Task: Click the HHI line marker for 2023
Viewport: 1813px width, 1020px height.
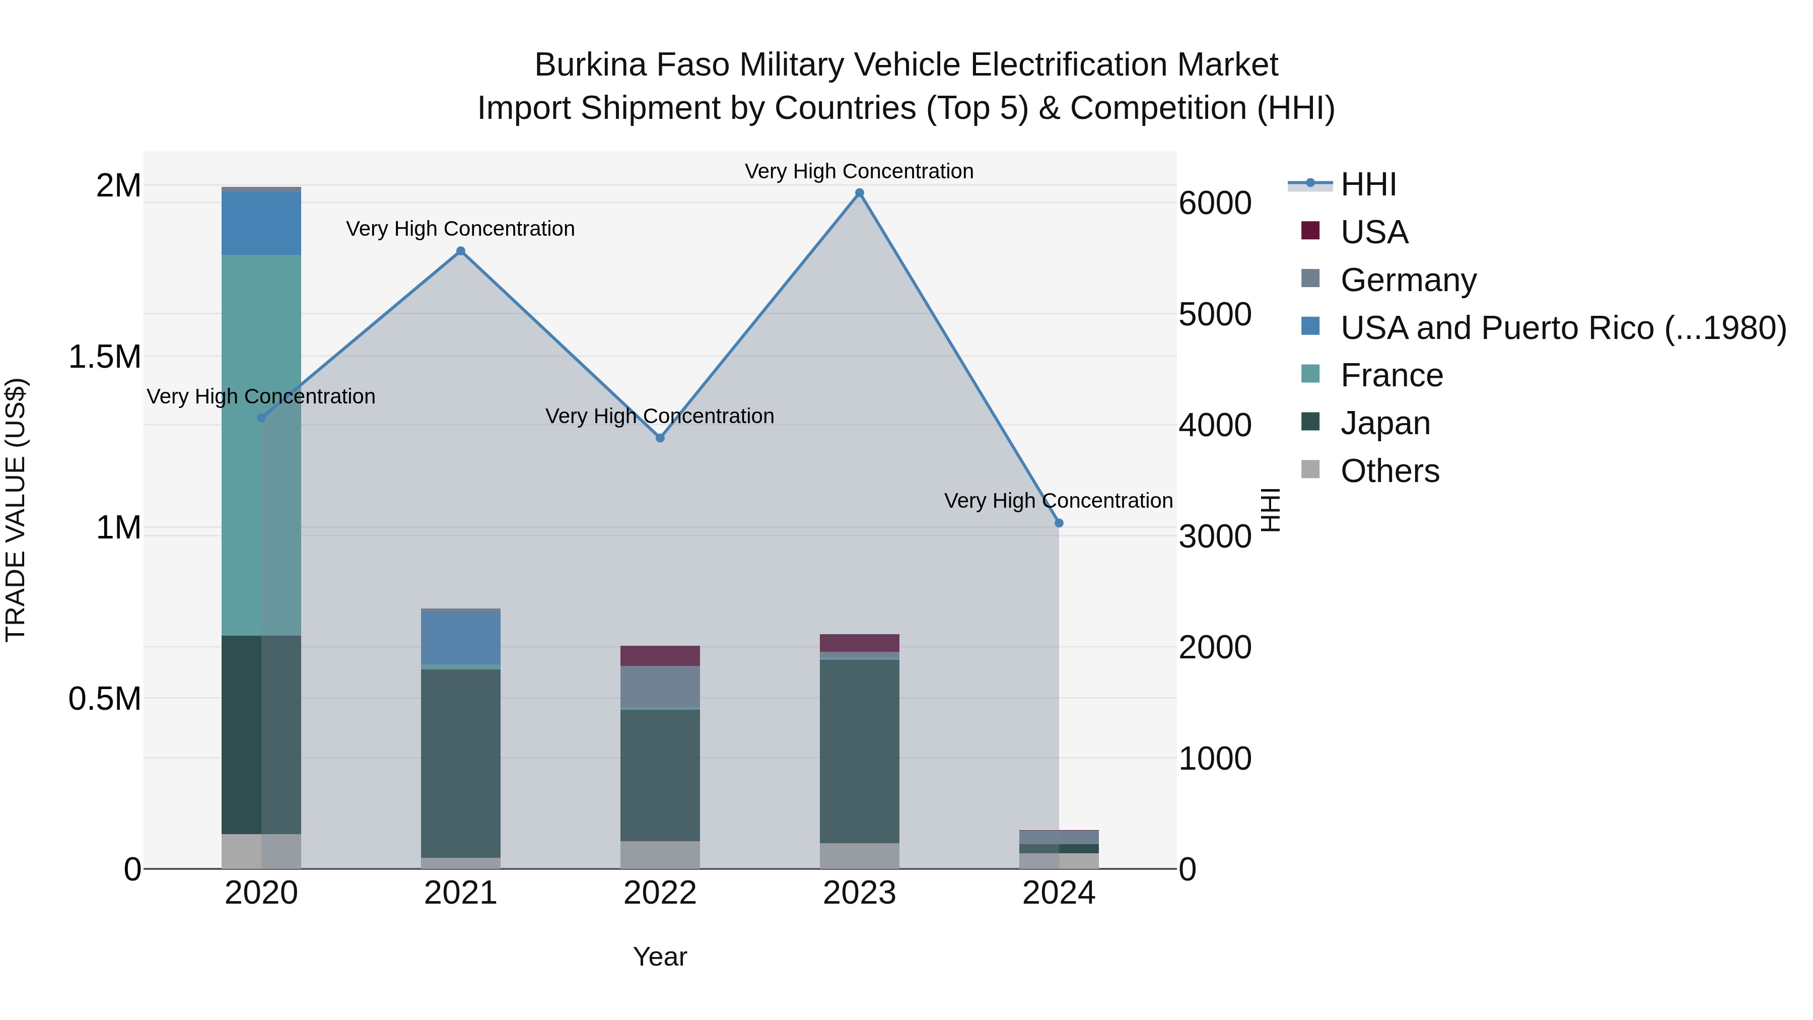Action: pyautogui.click(x=859, y=193)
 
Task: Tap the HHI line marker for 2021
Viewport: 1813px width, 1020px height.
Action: pyautogui.click(x=461, y=251)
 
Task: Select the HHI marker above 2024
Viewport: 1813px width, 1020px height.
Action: pyautogui.click(x=1059, y=523)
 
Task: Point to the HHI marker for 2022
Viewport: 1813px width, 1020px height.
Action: pyautogui.click(x=660, y=438)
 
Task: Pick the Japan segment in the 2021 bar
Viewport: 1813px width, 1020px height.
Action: pyautogui.click(x=461, y=763)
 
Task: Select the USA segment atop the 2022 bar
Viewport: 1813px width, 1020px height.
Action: pyautogui.click(x=660, y=655)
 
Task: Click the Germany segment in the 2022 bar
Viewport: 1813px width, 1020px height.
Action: pyautogui.click(x=660, y=687)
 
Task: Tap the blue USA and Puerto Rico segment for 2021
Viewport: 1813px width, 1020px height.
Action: pyautogui.click(x=461, y=638)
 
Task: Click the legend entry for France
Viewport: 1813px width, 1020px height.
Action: pyautogui.click(x=1391, y=375)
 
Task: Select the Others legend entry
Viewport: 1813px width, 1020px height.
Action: pyautogui.click(x=1389, y=471)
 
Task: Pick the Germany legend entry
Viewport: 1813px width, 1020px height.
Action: pyautogui.click(x=1408, y=280)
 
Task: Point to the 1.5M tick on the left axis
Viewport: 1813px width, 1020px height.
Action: pyautogui.click(x=105, y=357)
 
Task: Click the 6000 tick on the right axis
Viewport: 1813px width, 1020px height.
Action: pyautogui.click(x=1215, y=203)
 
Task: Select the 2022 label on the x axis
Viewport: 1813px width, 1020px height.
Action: pyautogui.click(x=660, y=893)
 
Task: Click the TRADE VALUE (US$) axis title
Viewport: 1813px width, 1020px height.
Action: pyautogui.click(x=16, y=510)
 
